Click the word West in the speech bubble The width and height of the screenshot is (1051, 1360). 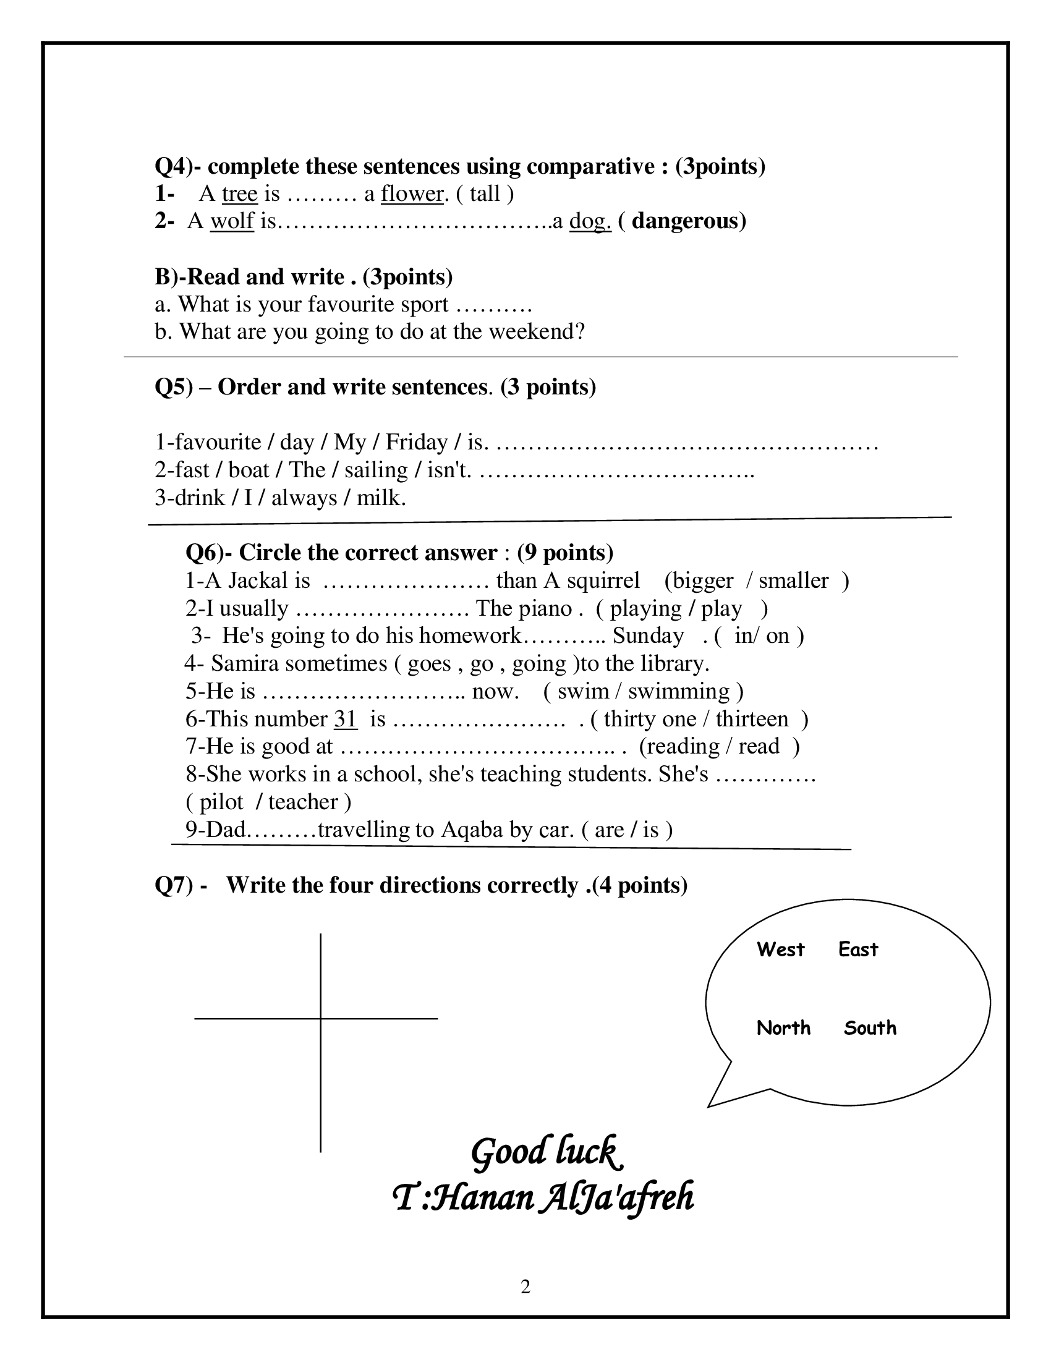tap(780, 950)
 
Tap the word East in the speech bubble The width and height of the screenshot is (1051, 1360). tap(857, 950)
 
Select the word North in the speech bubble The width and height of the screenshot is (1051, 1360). tap(783, 1028)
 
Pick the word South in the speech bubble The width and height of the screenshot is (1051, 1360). tap(870, 1028)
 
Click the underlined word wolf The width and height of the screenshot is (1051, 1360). tap(232, 221)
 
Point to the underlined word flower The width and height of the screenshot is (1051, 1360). tap(412, 193)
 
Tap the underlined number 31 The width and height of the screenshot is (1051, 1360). tap(346, 719)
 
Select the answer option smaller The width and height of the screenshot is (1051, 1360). tap(793, 581)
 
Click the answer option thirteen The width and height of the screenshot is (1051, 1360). tap(752, 719)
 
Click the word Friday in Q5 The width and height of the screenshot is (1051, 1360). tap(417, 442)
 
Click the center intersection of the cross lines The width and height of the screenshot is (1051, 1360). tap(321, 1019)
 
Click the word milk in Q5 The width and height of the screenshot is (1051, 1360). tap(381, 498)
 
